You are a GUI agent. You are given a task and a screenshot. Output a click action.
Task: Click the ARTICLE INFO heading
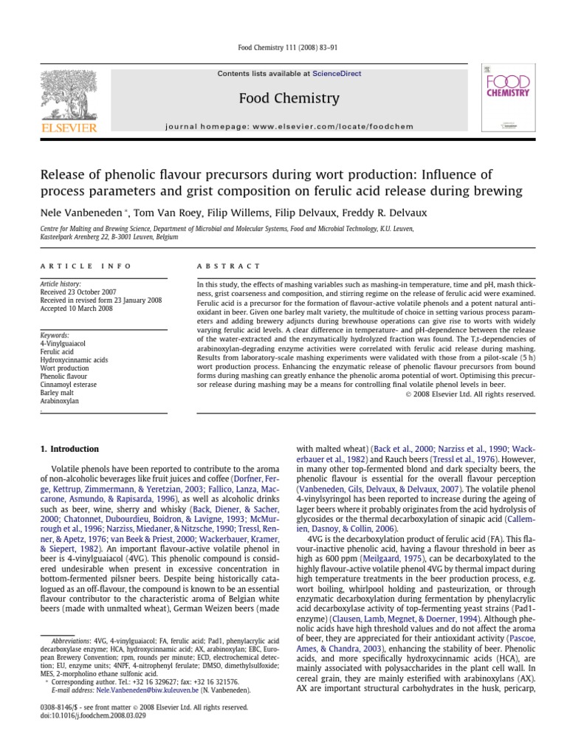[x=86, y=266]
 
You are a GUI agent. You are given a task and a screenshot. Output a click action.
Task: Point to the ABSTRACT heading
[x=228, y=266]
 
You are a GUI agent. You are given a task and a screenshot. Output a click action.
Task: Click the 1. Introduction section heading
[x=69, y=449]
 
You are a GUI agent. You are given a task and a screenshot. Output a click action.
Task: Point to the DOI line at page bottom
[x=83, y=716]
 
